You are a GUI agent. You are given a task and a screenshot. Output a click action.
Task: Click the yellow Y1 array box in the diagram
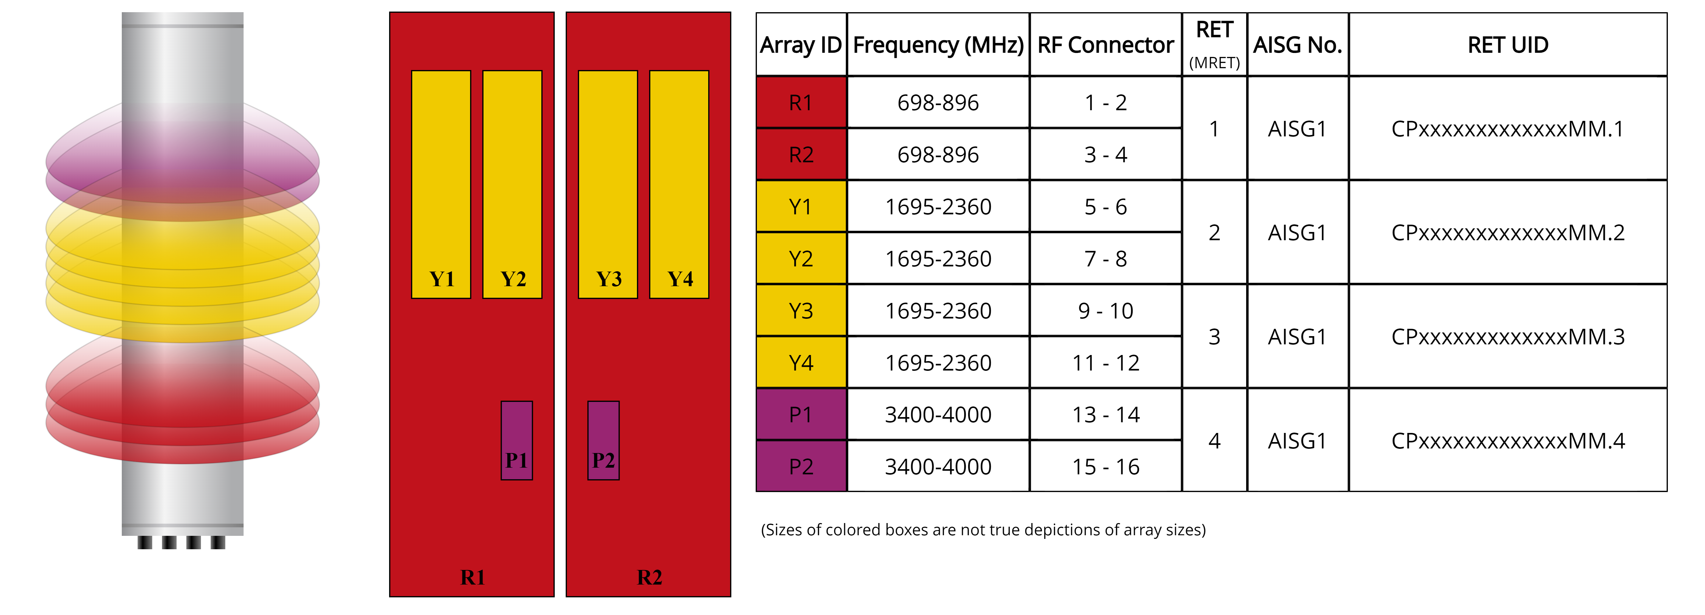[441, 184]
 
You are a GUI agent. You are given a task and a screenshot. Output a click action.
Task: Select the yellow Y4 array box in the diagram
[679, 184]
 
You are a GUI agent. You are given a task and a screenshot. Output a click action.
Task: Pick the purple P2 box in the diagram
[603, 440]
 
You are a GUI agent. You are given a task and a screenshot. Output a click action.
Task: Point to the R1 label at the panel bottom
[473, 577]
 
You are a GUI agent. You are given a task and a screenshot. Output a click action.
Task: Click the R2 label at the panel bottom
[649, 577]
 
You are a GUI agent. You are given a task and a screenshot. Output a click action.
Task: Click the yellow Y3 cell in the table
[801, 311]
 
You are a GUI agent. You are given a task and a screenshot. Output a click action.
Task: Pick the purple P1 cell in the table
[801, 414]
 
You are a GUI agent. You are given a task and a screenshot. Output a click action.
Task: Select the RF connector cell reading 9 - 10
[1105, 311]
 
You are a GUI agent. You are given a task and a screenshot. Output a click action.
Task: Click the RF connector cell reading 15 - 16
[1105, 467]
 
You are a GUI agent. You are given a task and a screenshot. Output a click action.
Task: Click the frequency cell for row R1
[938, 103]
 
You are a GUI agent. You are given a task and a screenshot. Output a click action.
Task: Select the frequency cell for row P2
[938, 467]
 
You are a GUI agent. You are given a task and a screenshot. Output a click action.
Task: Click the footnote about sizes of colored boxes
[983, 530]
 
